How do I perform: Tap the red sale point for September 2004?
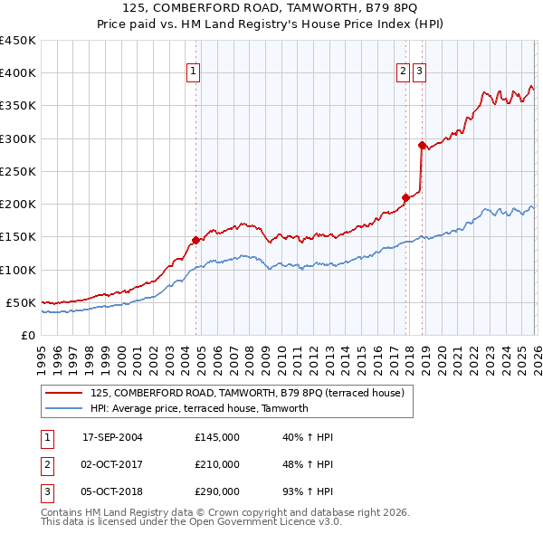tap(195, 240)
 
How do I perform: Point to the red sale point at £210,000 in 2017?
tap(405, 197)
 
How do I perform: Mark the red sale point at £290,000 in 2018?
tap(422, 145)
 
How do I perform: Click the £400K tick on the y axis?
tap(17, 73)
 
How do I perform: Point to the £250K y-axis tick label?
tap(17, 171)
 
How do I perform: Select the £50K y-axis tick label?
tap(21, 302)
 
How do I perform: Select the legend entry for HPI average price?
tap(199, 408)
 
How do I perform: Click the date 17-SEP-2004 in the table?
tap(112, 437)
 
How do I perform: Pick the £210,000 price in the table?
tap(217, 464)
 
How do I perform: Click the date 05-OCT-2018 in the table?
tap(112, 491)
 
